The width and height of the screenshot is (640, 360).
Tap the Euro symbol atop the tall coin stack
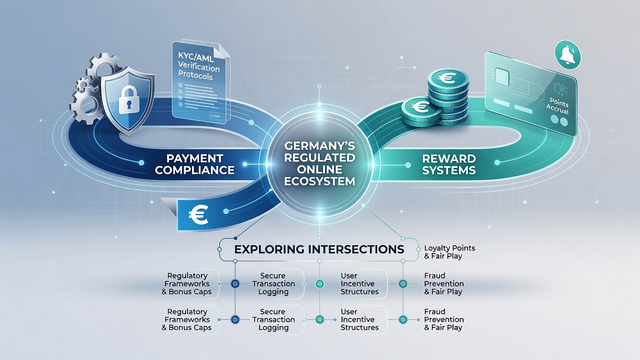[x=447, y=78]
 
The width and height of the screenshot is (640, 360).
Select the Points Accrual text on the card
[x=557, y=107]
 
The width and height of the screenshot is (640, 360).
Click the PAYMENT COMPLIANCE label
[x=194, y=164]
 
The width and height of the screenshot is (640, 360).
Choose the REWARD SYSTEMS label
[x=449, y=164]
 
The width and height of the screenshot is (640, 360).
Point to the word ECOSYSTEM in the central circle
[x=319, y=181]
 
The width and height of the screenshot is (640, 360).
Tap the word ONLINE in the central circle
[x=319, y=169]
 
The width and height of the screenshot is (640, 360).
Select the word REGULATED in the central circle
[x=319, y=157]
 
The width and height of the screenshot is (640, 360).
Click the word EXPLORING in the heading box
[x=269, y=249]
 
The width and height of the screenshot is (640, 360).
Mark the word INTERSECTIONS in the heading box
[x=356, y=249]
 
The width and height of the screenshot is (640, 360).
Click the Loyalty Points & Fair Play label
[x=449, y=251]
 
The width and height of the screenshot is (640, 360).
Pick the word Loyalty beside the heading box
[x=436, y=248]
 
